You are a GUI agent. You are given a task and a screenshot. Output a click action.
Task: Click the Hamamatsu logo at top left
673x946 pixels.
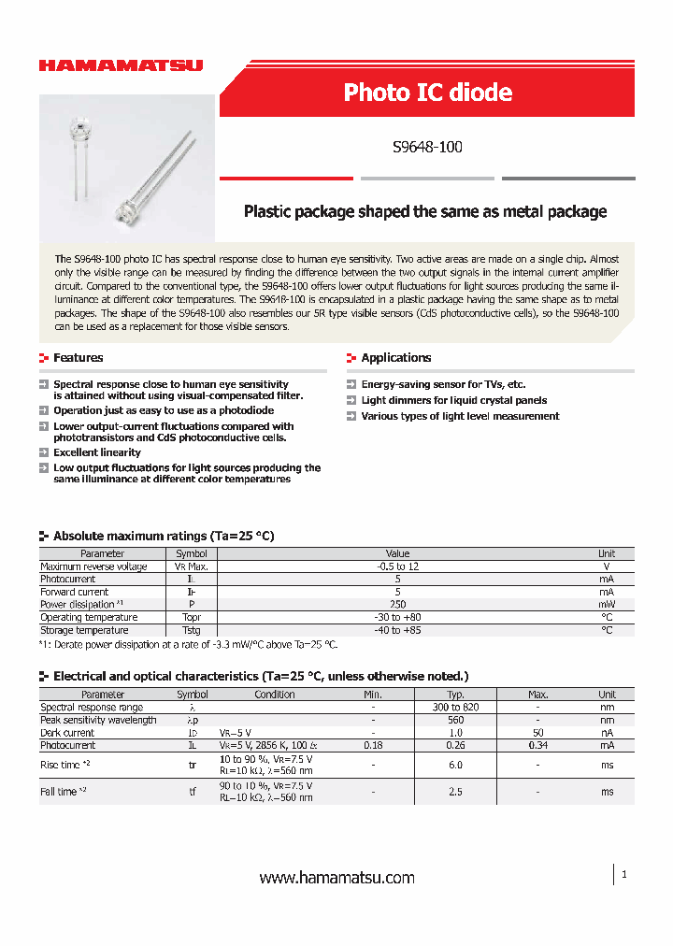tap(121, 65)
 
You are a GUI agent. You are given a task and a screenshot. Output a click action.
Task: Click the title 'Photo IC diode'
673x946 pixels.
tap(427, 93)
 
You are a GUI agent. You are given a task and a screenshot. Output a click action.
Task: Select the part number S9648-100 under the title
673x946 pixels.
tap(427, 147)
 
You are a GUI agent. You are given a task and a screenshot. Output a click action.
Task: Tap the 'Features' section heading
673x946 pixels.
tap(78, 358)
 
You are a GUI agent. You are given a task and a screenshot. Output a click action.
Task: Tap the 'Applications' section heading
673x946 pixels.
tap(395, 358)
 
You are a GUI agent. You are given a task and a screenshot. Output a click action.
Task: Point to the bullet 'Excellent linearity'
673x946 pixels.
tap(97, 452)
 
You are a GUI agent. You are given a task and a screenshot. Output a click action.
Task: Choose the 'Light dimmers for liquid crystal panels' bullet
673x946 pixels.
tap(453, 400)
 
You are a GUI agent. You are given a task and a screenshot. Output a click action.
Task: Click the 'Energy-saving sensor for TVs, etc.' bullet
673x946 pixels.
tap(443, 384)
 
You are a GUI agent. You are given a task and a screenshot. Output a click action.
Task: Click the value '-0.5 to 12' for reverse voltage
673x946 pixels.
tap(397, 566)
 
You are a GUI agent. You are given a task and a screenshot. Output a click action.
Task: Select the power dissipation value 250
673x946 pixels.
tap(397, 605)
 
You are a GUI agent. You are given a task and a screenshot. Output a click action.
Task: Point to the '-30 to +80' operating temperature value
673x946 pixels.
tap(397, 618)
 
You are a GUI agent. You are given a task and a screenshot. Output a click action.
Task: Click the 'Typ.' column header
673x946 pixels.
tap(456, 695)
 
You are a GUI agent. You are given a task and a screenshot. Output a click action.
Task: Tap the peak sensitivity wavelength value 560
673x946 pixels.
tap(456, 721)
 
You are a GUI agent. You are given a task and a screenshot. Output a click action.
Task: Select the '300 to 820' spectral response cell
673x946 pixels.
tap(456, 708)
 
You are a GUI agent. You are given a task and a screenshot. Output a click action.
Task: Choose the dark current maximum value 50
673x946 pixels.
tap(537, 733)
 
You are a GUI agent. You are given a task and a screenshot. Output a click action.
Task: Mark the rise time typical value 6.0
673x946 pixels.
tap(456, 765)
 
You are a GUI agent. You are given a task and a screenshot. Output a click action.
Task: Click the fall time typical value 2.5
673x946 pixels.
tap(456, 792)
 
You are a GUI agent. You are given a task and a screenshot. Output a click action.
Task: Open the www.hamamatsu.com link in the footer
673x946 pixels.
tap(336, 878)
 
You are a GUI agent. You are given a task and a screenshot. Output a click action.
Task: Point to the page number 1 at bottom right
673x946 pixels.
tap(623, 874)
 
